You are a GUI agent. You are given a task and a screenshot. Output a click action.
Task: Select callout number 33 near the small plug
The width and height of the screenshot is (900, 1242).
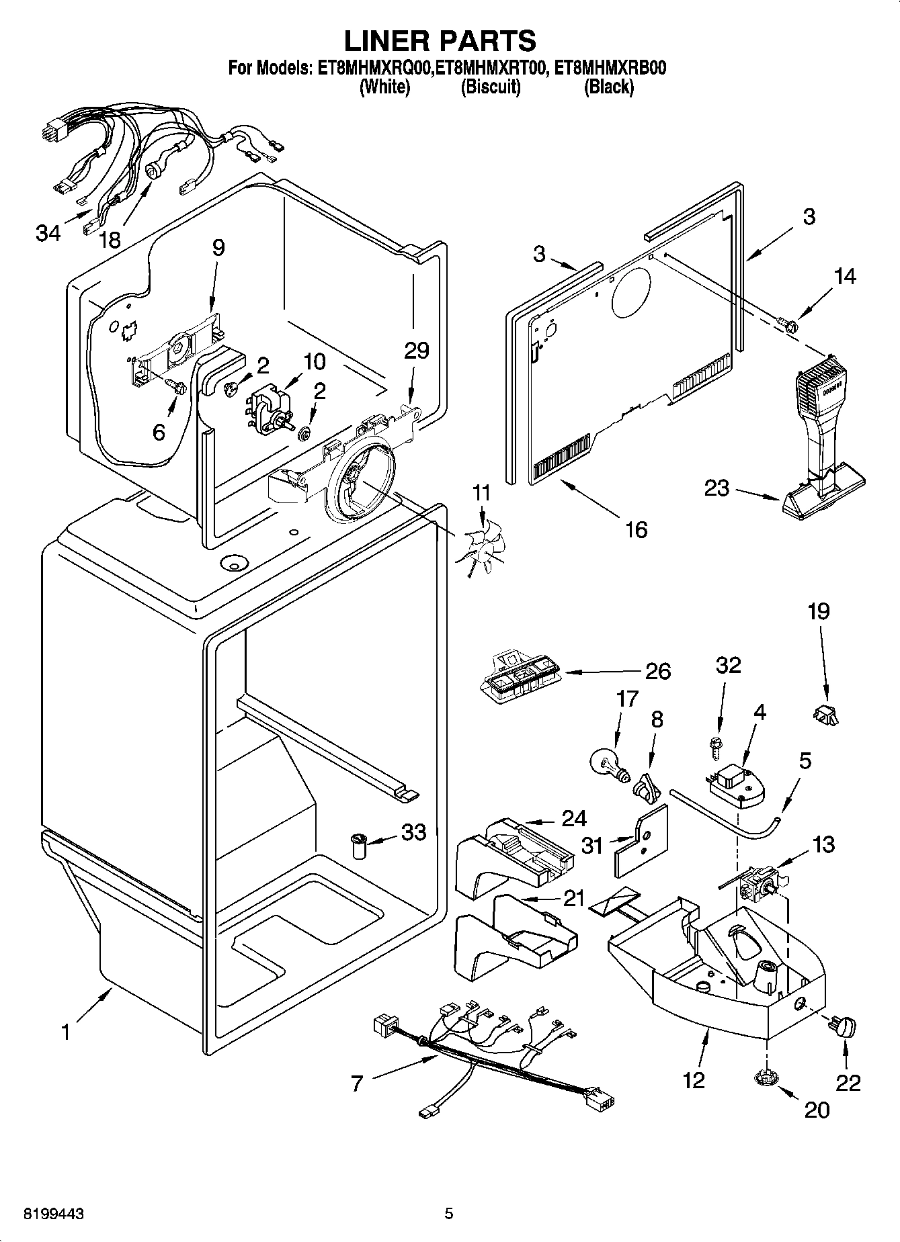click(x=413, y=832)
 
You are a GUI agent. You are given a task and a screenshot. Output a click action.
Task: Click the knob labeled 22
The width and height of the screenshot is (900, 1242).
click(x=844, y=1027)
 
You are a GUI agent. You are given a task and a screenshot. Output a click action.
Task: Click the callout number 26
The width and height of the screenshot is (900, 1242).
click(x=657, y=671)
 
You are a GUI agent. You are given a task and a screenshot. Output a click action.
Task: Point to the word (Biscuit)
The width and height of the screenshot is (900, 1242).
click(x=490, y=87)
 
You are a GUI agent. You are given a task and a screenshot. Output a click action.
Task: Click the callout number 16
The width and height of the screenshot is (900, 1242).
click(x=635, y=529)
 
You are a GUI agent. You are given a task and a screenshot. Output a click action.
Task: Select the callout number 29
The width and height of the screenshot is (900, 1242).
click(x=416, y=350)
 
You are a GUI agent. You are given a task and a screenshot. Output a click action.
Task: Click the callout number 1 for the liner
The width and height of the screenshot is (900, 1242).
click(x=65, y=1032)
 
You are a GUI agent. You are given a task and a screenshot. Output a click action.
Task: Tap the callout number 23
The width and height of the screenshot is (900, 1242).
click(x=717, y=487)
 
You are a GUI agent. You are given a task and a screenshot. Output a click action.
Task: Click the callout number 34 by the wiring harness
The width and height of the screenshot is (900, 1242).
click(x=48, y=233)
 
